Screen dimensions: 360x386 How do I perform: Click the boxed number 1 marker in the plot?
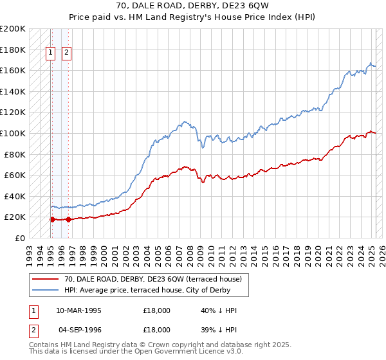pyautogui.click(x=50, y=54)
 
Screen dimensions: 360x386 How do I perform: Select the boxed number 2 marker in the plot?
pyautogui.click(x=66, y=54)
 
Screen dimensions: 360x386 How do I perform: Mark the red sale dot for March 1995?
pyautogui.click(x=51, y=219)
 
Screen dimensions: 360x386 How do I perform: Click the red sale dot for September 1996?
pyautogui.click(x=68, y=219)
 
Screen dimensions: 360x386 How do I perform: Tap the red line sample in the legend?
pyautogui.click(x=46, y=279)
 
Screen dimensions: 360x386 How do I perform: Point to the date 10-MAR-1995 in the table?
pyautogui.click(x=79, y=310)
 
